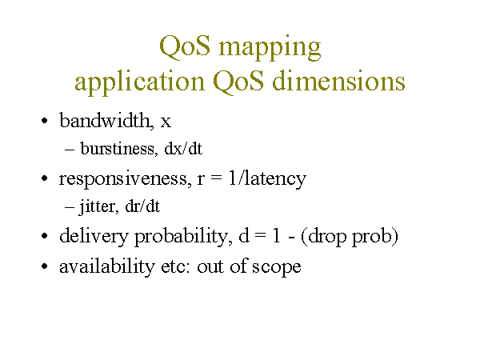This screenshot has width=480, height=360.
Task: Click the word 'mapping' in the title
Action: coord(270,48)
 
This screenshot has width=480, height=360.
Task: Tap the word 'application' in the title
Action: coord(139,82)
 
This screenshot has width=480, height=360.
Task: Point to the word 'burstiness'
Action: coord(118,149)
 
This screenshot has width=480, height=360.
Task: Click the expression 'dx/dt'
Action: coord(183,149)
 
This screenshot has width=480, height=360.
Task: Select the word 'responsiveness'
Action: coord(123,178)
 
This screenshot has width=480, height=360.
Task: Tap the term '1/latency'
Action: coord(267,178)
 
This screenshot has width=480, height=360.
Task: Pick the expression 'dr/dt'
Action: coord(142,206)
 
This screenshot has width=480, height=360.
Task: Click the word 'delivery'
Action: coord(94,237)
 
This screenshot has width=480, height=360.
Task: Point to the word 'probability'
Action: coord(182,237)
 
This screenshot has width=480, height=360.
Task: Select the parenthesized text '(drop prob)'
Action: coord(350,237)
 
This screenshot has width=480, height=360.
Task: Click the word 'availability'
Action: coord(107,266)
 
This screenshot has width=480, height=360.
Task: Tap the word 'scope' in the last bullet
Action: coord(277,267)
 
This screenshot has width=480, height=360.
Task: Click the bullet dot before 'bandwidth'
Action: coord(45,121)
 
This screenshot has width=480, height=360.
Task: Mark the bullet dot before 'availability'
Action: coord(45,266)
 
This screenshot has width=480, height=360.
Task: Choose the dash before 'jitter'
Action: coord(70,207)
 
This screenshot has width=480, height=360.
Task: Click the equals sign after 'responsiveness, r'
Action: coord(216,179)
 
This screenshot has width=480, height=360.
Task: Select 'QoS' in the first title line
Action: coord(185,46)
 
